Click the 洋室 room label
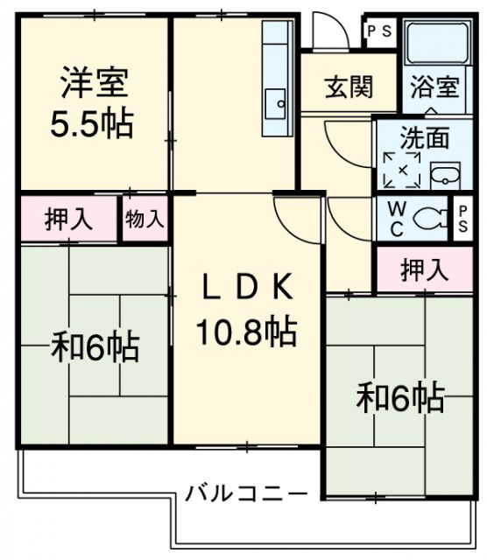[95, 84]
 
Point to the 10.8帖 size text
[244, 331]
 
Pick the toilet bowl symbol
[427, 219]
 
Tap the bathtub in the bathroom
[435, 44]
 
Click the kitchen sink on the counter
[277, 102]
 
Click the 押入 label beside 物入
[68, 219]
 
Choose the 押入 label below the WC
[424, 269]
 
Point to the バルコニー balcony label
[245, 493]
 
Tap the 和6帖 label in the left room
[94, 347]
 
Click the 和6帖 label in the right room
[399, 398]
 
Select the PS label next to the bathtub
[379, 31]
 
